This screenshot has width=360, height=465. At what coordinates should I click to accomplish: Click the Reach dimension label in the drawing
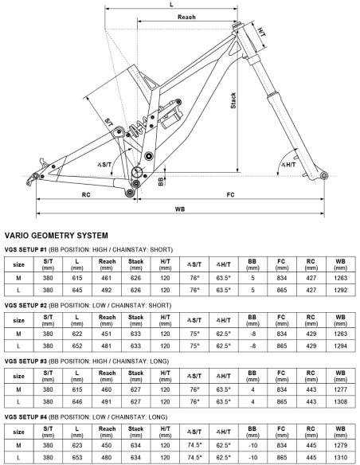186,18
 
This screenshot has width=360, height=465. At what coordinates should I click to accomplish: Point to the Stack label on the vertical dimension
233,100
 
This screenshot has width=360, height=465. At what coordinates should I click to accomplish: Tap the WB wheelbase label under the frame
180,209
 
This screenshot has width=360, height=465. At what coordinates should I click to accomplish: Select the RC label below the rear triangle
86,195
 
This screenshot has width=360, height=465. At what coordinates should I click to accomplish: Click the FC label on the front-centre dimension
230,194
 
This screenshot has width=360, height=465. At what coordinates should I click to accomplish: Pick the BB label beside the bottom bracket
161,182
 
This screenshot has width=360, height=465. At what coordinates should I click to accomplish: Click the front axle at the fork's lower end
324,175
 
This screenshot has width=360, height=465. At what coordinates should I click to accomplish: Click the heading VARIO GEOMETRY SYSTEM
57,236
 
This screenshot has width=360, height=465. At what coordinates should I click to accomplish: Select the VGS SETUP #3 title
25,361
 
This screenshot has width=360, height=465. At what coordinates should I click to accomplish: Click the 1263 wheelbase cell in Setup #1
340,278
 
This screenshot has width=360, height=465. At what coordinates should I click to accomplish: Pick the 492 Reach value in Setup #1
107,290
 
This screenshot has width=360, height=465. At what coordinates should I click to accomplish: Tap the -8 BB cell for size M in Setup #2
252,334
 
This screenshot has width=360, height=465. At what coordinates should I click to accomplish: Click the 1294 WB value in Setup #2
340,346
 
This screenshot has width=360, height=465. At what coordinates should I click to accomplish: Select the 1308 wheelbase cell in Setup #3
340,401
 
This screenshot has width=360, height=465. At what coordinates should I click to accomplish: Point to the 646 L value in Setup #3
77,401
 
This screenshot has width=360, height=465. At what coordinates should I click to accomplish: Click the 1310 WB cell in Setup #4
340,457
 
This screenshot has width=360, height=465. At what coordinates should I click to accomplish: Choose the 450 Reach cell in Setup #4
107,445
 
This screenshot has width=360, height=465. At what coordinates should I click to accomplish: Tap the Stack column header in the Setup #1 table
136,264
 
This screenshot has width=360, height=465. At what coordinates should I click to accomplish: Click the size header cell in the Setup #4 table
18,432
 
